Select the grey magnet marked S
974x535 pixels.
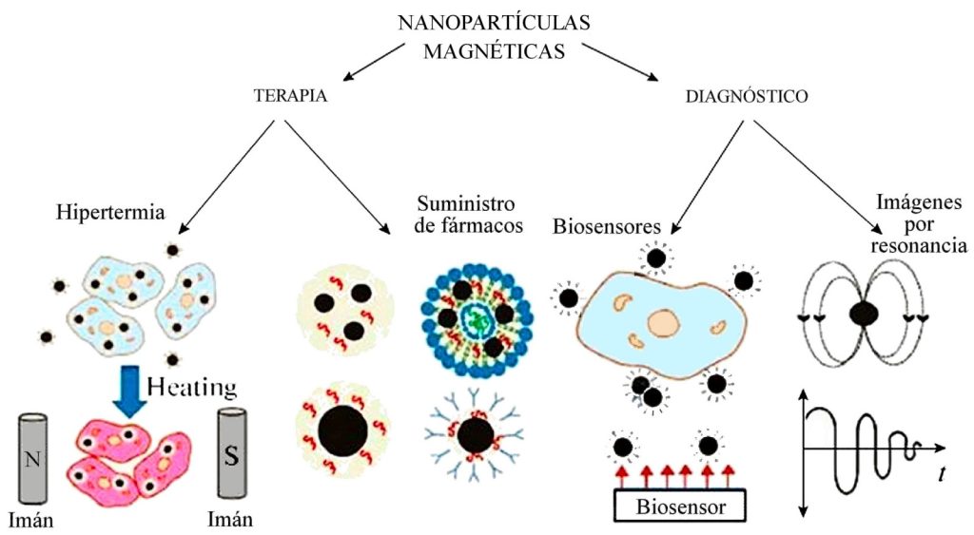pyautogui.click(x=233, y=453)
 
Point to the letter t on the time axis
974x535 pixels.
pyautogui.click(x=941, y=472)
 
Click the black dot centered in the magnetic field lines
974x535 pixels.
pyautogui.click(x=865, y=315)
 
